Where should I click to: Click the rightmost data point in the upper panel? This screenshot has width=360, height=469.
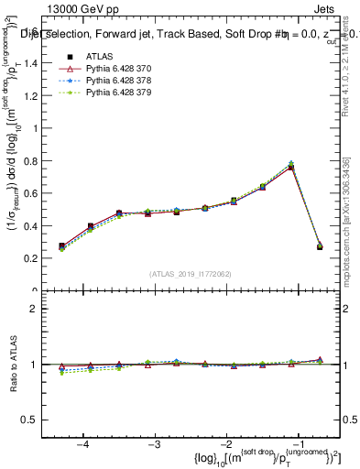320,246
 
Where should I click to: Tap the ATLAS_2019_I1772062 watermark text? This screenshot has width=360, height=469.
190,274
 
